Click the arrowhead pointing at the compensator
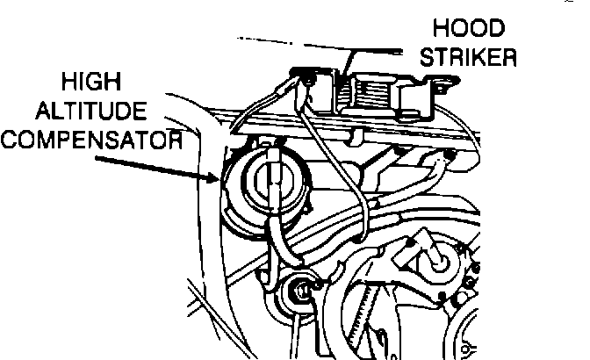[x=214, y=178]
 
